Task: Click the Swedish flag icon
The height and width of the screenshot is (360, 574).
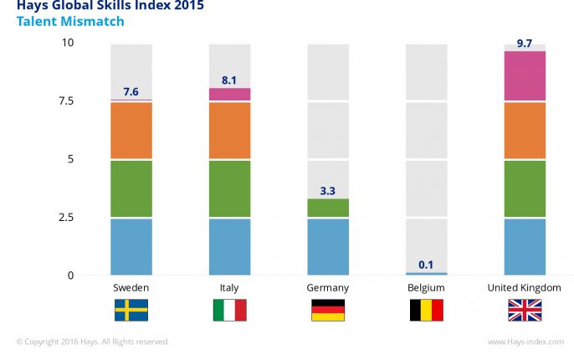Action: (x=131, y=311)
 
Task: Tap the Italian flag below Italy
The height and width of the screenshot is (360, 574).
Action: (x=229, y=311)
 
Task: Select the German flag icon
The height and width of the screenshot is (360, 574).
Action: (x=328, y=311)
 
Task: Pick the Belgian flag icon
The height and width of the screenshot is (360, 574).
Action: (x=426, y=311)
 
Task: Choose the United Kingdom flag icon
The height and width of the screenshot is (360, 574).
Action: (x=525, y=311)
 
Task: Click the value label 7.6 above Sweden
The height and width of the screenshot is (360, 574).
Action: (x=131, y=92)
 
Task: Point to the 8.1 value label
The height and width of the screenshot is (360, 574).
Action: (x=229, y=80)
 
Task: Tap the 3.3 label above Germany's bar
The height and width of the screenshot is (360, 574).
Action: (x=328, y=192)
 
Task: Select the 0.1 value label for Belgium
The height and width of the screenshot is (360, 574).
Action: (x=426, y=265)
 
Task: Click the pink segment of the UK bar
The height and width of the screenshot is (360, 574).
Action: (x=525, y=76)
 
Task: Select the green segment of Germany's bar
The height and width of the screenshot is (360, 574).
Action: (x=328, y=208)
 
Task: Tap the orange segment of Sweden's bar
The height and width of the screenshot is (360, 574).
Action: (x=131, y=131)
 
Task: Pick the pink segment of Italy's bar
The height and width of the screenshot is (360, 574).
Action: (x=229, y=95)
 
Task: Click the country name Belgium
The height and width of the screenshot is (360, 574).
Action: (x=426, y=288)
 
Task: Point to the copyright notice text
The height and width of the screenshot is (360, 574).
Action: (x=92, y=342)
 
